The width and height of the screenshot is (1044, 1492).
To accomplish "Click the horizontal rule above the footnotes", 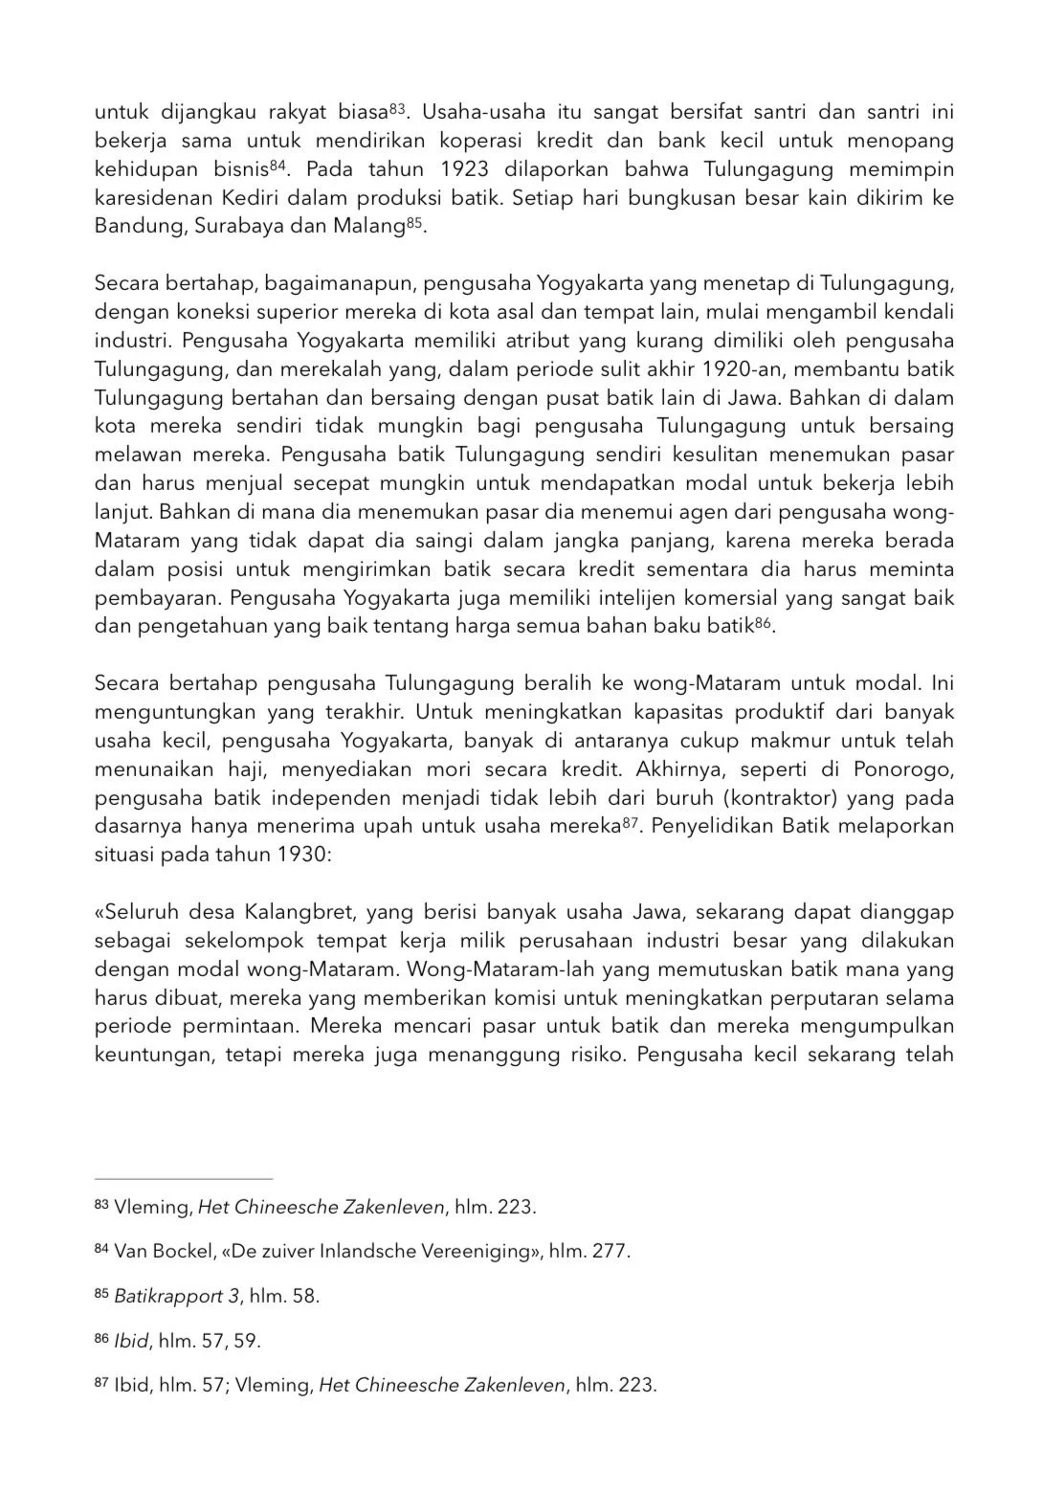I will click(x=183, y=1179).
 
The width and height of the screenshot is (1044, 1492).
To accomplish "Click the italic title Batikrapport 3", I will click(x=176, y=1296).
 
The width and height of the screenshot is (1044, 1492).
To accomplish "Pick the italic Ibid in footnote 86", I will click(x=131, y=1341).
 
